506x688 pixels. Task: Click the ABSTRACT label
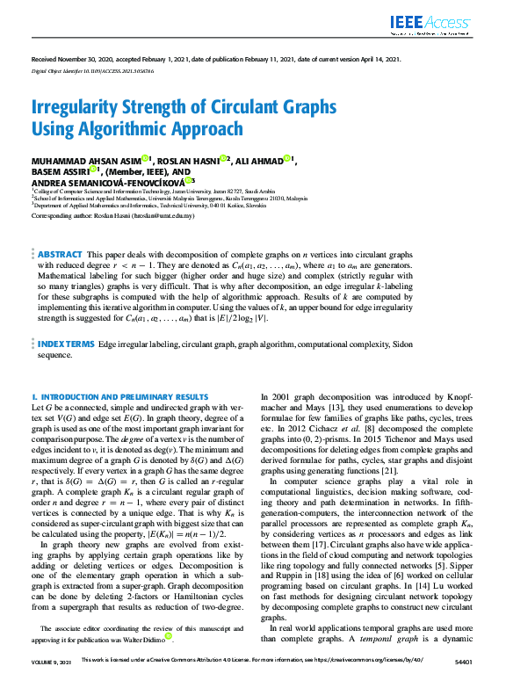click(60, 228)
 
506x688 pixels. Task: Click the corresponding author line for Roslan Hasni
click(112, 214)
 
